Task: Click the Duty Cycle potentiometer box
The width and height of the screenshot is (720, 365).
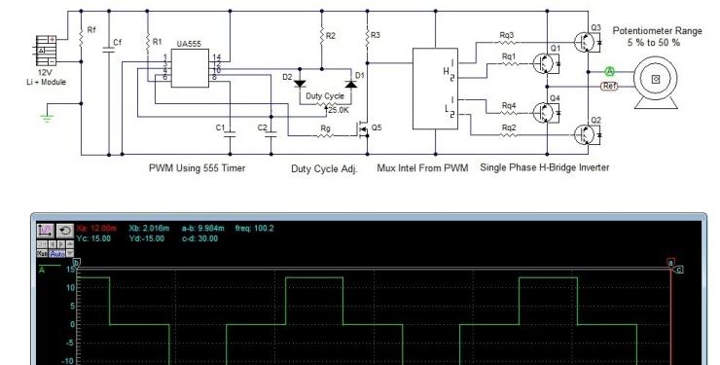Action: pos(324,96)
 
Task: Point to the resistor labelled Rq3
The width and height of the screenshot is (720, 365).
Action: pos(507,43)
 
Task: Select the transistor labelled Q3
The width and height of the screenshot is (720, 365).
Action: pos(586,42)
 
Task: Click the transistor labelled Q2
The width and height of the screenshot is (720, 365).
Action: pos(586,133)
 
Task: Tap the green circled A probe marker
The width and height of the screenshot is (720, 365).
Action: pos(609,71)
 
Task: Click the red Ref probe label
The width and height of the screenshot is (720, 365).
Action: pos(610,86)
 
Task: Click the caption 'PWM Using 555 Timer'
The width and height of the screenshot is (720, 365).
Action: pos(197,168)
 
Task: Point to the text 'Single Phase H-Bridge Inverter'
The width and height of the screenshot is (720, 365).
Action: pos(544,167)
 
